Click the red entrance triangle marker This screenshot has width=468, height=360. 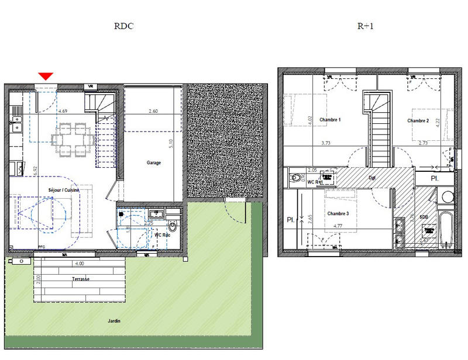[x=46, y=76]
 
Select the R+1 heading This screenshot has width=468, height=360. [x=365, y=26]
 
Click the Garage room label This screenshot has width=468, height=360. [x=154, y=163]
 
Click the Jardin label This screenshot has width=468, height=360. [x=114, y=321]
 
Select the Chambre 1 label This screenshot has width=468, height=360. [x=330, y=120]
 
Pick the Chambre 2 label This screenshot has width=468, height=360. [x=418, y=120]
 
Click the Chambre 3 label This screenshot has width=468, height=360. [x=338, y=213]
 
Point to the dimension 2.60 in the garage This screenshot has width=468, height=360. [x=153, y=111]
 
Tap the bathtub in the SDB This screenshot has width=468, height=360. [x=446, y=229]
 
